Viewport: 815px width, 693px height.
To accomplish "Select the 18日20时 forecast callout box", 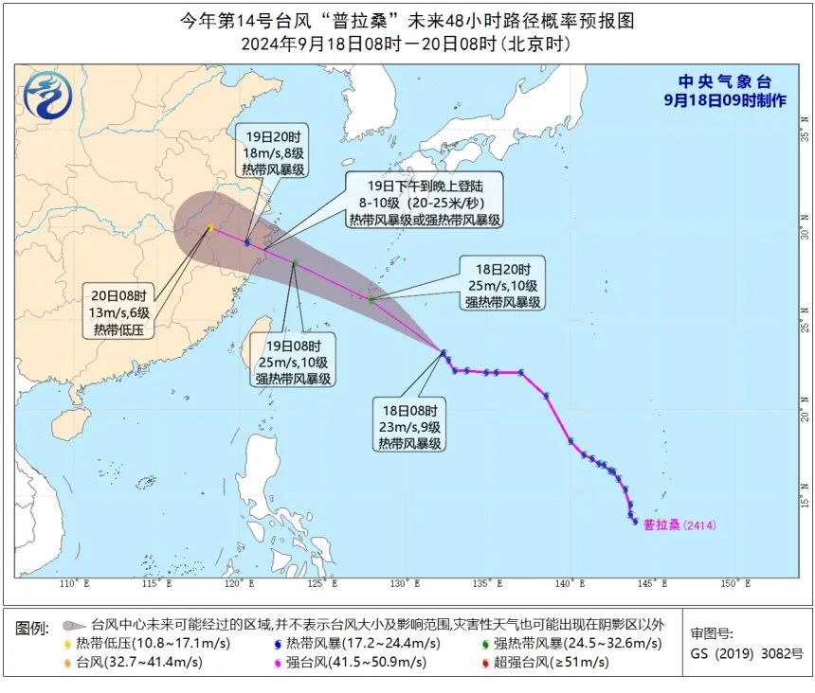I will [502, 283].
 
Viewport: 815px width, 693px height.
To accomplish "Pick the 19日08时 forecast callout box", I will [293, 361].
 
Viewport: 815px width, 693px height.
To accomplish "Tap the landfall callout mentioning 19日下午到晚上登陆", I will [424, 200].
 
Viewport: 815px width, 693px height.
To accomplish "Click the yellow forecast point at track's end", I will [210, 227].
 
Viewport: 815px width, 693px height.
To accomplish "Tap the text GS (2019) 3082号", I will [747, 653].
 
